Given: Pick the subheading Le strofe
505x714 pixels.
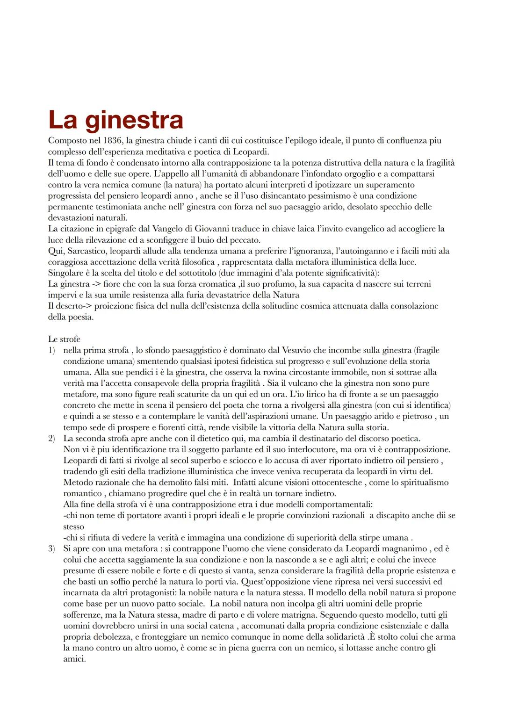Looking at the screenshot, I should (x=64, y=339).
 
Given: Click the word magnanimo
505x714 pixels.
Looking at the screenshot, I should (x=406, y=548).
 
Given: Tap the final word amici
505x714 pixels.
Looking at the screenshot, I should (x=74, y=659).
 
